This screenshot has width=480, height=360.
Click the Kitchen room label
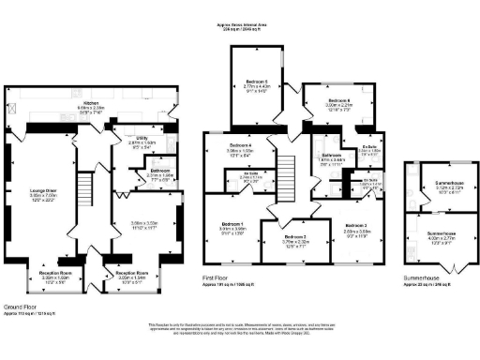(91, 102)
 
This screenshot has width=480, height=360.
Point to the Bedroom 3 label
(356, 226)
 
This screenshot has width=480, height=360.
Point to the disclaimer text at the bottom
(240, 330)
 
